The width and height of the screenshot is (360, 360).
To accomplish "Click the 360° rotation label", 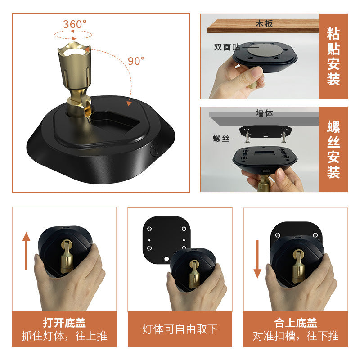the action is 75,24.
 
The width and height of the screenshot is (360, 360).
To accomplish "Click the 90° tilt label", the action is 136,61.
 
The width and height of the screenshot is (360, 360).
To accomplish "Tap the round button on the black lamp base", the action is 154,150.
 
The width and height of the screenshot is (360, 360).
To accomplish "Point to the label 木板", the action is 264,23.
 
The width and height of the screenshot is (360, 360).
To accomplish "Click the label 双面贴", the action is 227,47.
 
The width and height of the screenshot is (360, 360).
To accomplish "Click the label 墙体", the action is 264,113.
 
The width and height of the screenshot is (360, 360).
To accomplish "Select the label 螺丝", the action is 221,138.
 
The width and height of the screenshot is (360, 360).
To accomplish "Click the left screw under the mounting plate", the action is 247,137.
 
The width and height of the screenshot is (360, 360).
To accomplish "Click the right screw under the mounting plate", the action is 284,137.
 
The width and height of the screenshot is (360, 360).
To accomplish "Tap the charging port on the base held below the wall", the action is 266,171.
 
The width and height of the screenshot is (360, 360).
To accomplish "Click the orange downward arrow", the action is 257,259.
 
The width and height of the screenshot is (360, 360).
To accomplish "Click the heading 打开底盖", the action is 64,323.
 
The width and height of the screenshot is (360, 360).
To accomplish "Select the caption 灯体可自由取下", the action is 180,329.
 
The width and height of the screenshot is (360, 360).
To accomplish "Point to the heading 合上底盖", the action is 296,323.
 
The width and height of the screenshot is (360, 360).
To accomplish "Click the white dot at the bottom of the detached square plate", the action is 166,259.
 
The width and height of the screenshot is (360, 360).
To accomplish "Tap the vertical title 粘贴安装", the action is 333,56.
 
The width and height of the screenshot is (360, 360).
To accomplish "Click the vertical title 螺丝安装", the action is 333,149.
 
